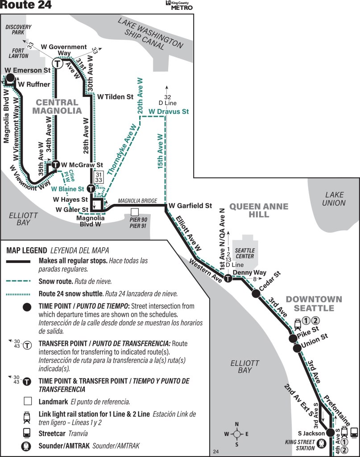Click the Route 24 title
(x=25, y=4)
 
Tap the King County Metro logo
(x=179, y=5)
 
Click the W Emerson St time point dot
(x=10, y=78)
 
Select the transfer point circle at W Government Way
(x=58, y=63)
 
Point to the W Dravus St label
(x=169, y=111)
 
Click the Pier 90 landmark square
(x=135, y=212)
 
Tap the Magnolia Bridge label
(x=137, y=201)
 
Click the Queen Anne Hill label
(x=259, y=211)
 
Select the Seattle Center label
(x=244, y=253)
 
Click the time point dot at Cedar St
(x=256, y=294)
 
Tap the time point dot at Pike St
(x=293, y=338)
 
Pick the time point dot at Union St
(x=297, y=348)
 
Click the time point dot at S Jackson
(x=330, y=432)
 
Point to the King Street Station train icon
(x=322, y=443)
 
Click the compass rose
(x=237, y=434)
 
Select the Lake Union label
(x=334, y=199)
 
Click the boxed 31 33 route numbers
(x=99, y=177)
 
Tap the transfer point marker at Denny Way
(x=228, y=278)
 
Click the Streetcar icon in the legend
(x=27, y=432)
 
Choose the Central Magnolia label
(x=57, y=106)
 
